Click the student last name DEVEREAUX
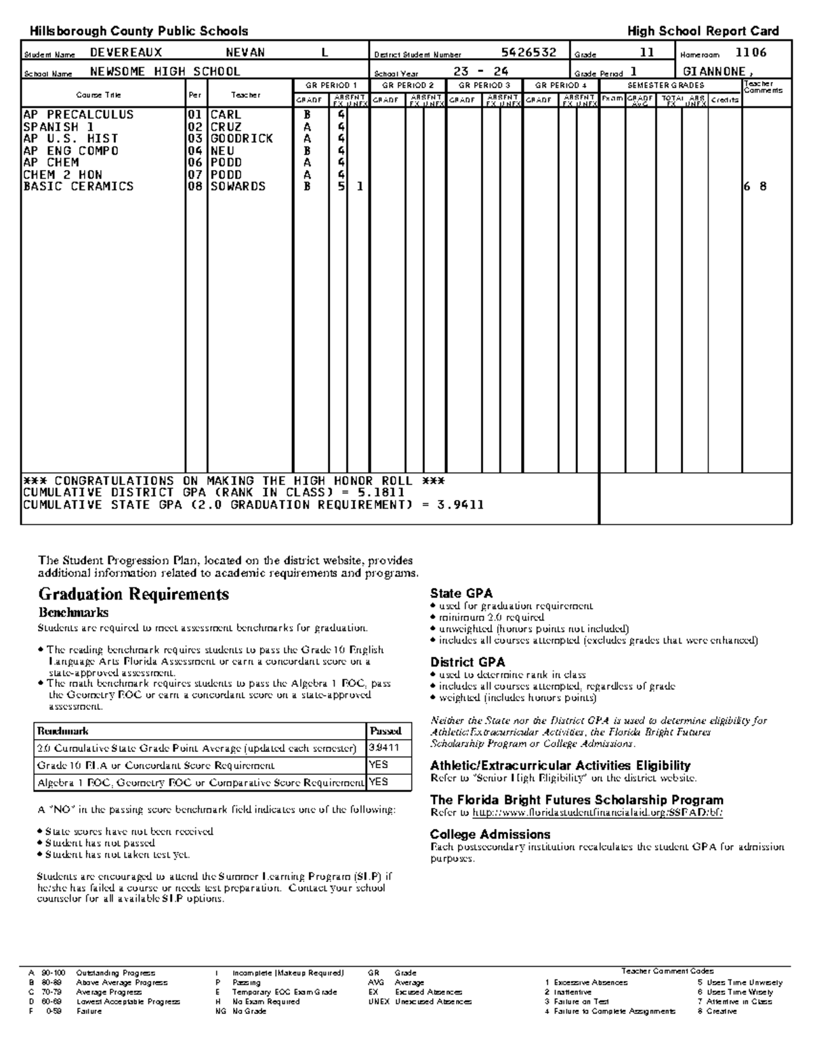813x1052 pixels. pyautogui.click(x=126, y=53)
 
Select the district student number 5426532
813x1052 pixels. pyautogui.click(x=528, y=53)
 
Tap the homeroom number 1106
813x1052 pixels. pyautogui.click(x=751, y=53)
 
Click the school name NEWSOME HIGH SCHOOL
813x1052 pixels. pyautogui.click(x=165, y=72)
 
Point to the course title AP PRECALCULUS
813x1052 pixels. pyautogui.click(x=78, y=115)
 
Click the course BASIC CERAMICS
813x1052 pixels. pyautogui.click(x=78, y=186)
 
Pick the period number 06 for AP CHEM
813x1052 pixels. pyautogui.click(x=195, y=163)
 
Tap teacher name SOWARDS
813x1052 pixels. pyautogui.click(x=238, y=186)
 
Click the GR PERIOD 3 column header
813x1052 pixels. pyautogui.click(x=484, y=85)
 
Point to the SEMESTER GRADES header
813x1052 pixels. pyautogui.click(x=665, y=85)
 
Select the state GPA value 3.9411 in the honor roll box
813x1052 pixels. pyautogui.click(x=460, y=505)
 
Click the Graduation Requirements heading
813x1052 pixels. pyautogui.click(x=133, y=595)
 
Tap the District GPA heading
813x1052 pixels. pyautogui.click(x=467, y=662)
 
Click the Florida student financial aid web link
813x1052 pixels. pyautogui.click(x=597, y=812)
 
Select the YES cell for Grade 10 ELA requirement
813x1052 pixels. pyautogui.click(x=379, y=765)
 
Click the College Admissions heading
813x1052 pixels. pyautogui.click(x=490, y=835)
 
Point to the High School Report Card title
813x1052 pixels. pyautogui.click(x=703, y=31)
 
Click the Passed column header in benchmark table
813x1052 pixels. pyautogui.click(x=385, y=731)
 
